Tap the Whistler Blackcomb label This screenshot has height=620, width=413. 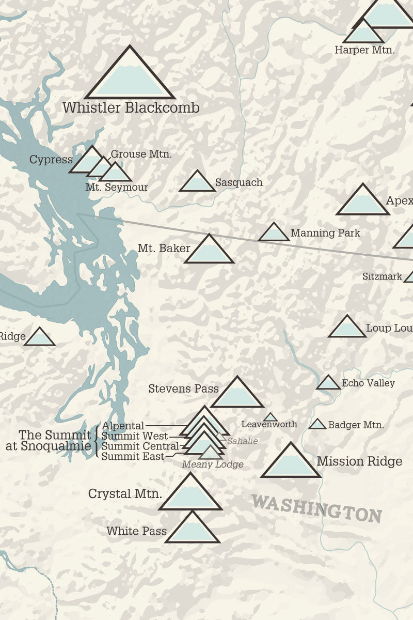(x=131, y=108)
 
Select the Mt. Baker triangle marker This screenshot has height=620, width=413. (x=209, y=251)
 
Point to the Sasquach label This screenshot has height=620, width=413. (x=239, y=182)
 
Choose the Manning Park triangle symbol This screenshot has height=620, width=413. (x=274, y=234)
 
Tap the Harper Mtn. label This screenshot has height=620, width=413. (x=364, y=50)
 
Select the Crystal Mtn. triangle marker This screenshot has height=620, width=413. (x=190, y=494)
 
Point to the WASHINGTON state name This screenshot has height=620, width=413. (x=316, y=508)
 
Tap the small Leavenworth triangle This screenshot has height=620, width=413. (x=270, y=417)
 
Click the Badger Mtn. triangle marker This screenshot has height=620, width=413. (x=317, y=425)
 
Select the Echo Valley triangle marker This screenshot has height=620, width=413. (x=328, y=383)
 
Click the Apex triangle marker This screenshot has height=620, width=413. (x=362, y=202)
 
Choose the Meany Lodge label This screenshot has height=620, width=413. (x=212, y=465)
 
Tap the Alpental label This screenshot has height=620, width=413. (x=123, y=426)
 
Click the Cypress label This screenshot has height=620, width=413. (x=51, y=159)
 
